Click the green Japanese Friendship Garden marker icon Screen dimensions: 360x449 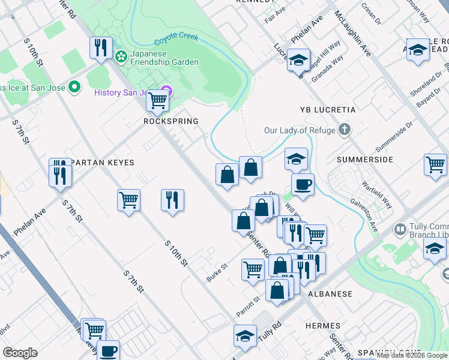(121, 56)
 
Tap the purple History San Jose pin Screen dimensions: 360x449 (167, 92)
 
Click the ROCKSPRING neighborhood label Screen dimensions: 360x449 (170, 121)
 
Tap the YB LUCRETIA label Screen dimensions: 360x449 (328, 110)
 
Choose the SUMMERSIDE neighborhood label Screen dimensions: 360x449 (364, 160)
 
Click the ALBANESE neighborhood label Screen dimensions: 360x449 (330, 295)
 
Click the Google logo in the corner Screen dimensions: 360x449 (20, 353)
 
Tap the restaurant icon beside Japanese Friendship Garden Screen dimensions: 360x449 (100, 47)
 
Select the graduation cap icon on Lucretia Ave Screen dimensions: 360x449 (298, 60)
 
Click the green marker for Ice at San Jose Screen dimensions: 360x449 (74, 88)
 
